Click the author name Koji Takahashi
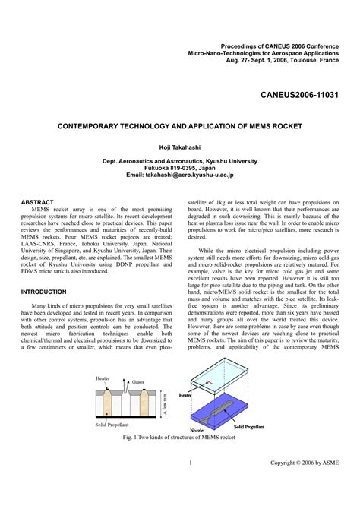pos(180,147)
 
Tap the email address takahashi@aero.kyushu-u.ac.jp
pos(180,175)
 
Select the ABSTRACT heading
pos(37,203)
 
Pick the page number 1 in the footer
pos(189,463)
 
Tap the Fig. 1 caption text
pos(180,438)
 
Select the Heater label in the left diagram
pos(103,378)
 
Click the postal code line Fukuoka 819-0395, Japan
pos(180,168)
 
